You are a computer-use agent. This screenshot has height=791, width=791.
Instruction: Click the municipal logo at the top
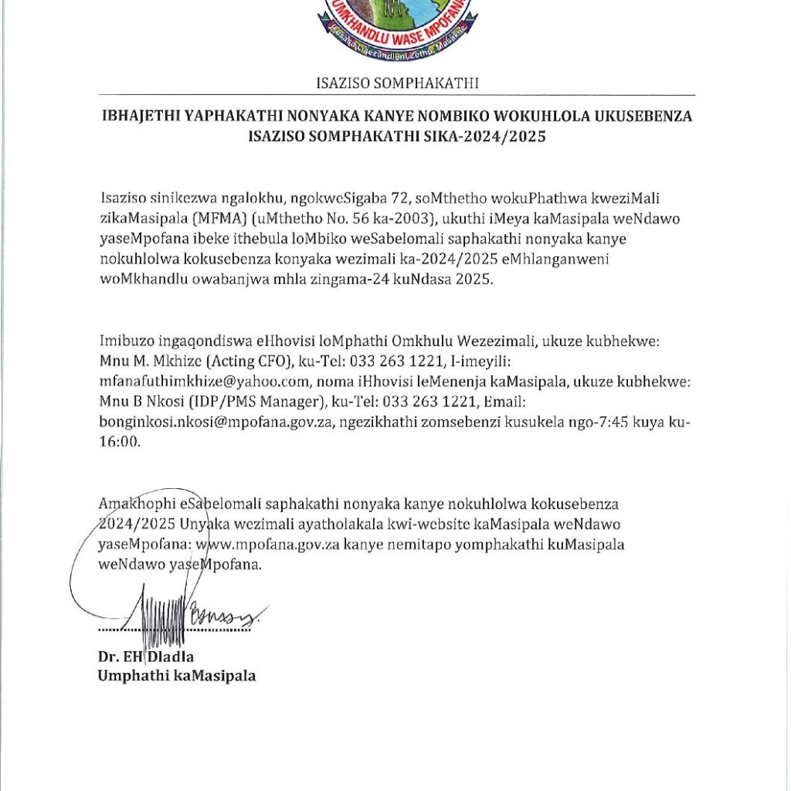click(x=396, y=27)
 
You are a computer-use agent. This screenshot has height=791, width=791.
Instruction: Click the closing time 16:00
click(x=119, y=441)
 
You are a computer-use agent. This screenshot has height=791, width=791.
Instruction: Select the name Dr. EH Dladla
click(x=146, y=657)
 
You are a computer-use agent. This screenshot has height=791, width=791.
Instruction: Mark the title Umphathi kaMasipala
click(x=176, y=677)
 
